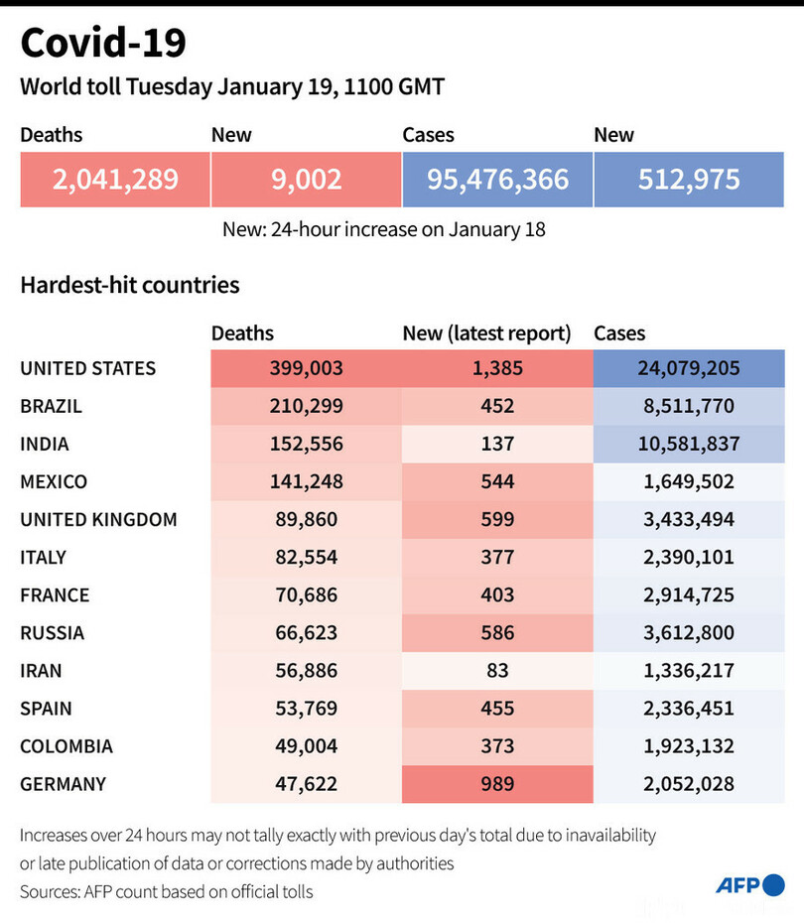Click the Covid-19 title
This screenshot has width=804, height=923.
[x=103, y=44]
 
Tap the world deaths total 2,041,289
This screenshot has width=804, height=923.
[x=115, y=179]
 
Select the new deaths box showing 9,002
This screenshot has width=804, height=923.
[x=306, y=179]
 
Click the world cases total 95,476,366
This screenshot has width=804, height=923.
[x=497, y=179]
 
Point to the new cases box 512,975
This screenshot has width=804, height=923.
[x=689, y=179]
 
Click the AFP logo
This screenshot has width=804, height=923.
[x=748, y=885]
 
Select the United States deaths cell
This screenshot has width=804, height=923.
[x=306, y=368]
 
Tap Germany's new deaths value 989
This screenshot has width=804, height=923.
[x=497, y=784]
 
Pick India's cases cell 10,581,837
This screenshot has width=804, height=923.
[x=689, y=444]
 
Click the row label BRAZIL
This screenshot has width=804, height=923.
[x=51, y=406]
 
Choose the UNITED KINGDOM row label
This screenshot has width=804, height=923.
[x=98, y=519]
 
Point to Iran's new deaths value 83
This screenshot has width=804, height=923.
[x=497, y=671]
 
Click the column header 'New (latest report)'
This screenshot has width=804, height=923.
[x=486, y=333]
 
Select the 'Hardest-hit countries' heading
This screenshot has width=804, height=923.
[x=129, y=285]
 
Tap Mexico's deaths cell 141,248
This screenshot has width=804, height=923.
[x=306, y=481]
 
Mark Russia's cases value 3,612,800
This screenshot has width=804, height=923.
[x=689, y=633]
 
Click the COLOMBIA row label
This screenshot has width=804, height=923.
[x=67, y=746]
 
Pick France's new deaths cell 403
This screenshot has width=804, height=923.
[x=497, y=595]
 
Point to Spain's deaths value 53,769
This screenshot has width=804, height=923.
[x=306, y=709]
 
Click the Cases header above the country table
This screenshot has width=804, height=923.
[x=619, y=333]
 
